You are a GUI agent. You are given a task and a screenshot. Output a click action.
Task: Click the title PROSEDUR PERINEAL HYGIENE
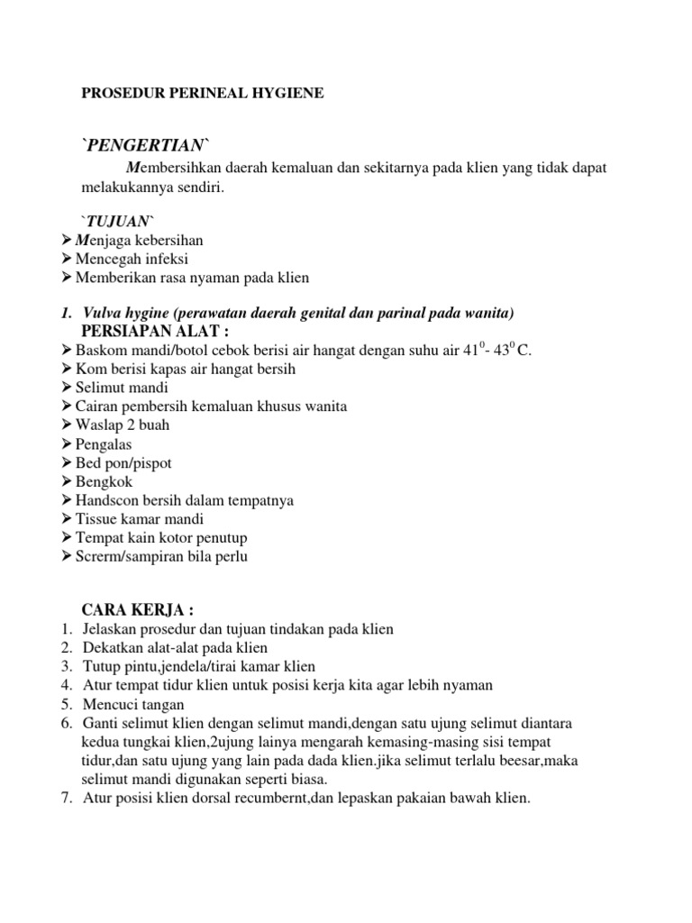point(202,93)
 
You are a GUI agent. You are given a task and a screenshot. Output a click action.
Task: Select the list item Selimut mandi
point(123,388)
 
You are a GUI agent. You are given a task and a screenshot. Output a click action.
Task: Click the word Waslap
point(98,425)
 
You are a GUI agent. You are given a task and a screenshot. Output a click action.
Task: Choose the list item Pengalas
point(105,444)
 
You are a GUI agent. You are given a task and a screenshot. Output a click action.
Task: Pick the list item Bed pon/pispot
point(123,462)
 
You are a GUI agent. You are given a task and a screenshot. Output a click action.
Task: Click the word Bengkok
point(104,481)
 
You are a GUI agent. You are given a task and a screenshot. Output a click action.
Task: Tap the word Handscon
point(105,500)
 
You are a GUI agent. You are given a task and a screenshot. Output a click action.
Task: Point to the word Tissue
point(95,519)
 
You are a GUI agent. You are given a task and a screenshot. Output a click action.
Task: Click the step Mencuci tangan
point(133,704)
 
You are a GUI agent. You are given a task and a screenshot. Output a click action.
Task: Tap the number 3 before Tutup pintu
point(66,667)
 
